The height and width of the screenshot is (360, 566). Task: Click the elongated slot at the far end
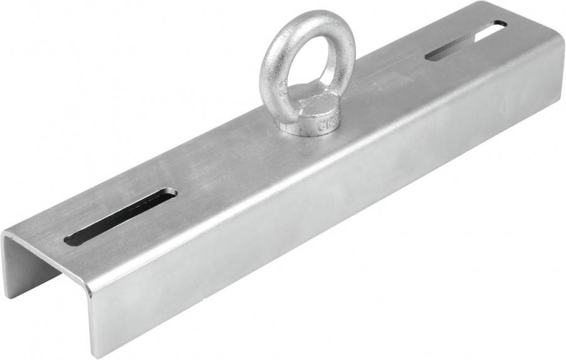465,40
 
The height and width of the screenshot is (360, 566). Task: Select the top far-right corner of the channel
556,37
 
